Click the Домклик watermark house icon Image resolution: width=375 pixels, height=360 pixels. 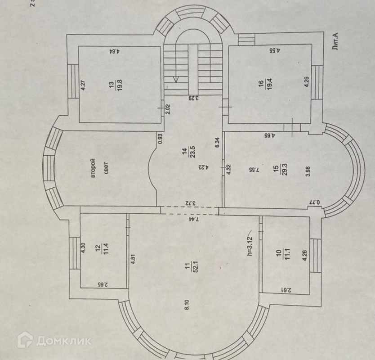(x=25, y=340)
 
